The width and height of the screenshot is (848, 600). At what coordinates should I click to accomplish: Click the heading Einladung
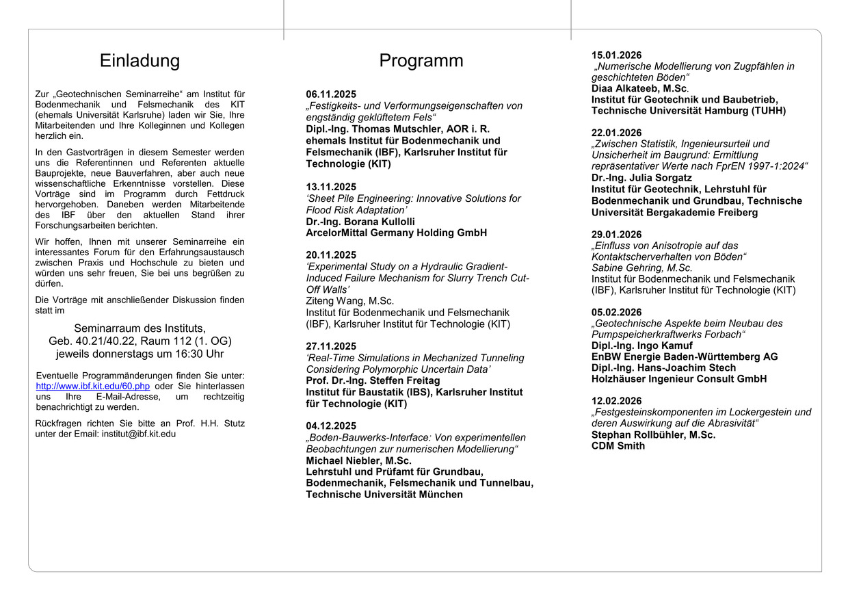(140, 61)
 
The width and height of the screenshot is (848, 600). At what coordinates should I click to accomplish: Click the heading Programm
(421, 61)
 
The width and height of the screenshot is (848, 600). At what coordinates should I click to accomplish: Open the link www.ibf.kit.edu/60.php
(93, 386)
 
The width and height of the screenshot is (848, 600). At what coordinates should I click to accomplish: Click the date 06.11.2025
(331, 94)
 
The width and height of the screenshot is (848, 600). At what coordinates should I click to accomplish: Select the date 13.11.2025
(331, 187)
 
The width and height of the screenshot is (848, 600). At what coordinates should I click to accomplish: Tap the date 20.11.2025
(331, 255)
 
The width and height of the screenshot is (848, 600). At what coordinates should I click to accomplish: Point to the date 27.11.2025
(331, 346)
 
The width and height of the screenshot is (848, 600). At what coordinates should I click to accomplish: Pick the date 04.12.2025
(331, 426)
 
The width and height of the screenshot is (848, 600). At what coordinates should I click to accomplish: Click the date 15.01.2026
(616, 55)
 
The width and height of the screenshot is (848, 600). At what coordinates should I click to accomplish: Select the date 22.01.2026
(616, 133)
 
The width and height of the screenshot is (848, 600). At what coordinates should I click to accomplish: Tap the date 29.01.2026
(616, 235)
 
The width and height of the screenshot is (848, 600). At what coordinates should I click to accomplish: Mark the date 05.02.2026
(616, 313)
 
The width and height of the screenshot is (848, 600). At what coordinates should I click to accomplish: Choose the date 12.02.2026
(616, 401)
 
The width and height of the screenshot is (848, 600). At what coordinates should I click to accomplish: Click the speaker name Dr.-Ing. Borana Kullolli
(360, 222)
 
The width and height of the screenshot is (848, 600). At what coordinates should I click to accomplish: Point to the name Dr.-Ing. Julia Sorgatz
(641, 178)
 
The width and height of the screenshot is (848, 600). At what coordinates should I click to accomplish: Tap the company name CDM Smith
(618, 446)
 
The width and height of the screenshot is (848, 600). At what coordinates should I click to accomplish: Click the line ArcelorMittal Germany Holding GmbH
(397, 233)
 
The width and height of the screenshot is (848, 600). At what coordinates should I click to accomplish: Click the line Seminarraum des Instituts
(140, 328)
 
